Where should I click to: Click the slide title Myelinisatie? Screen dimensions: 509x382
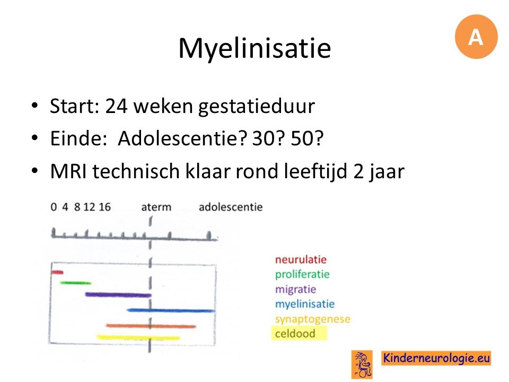click(254, 48)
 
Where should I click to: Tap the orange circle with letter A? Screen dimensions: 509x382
click(476, 37)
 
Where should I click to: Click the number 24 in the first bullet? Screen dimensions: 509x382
click(116, 106)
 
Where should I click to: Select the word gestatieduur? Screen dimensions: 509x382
click(257, 107)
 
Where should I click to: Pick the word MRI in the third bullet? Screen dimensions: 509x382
click(68, 171)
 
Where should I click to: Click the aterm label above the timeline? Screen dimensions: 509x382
click(156, 207)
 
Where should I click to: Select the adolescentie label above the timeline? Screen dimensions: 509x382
click(231, 207)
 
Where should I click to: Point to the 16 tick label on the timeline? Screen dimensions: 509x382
click(105, 207)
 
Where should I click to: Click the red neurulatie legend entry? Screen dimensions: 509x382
click(301, 259)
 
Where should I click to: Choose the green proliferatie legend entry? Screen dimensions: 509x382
click(302, 275)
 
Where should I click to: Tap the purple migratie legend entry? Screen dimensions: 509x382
click(295, 289)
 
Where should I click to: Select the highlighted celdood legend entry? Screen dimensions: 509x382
click(299, 334)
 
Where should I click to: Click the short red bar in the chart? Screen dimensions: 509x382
click(57, 272)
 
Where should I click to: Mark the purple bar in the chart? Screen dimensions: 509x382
click(118, 295)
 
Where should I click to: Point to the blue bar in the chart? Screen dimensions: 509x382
click(171, 310)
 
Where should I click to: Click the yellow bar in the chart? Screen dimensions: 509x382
click(138, 337)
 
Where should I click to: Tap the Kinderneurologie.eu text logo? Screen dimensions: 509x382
click(436, 358)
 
